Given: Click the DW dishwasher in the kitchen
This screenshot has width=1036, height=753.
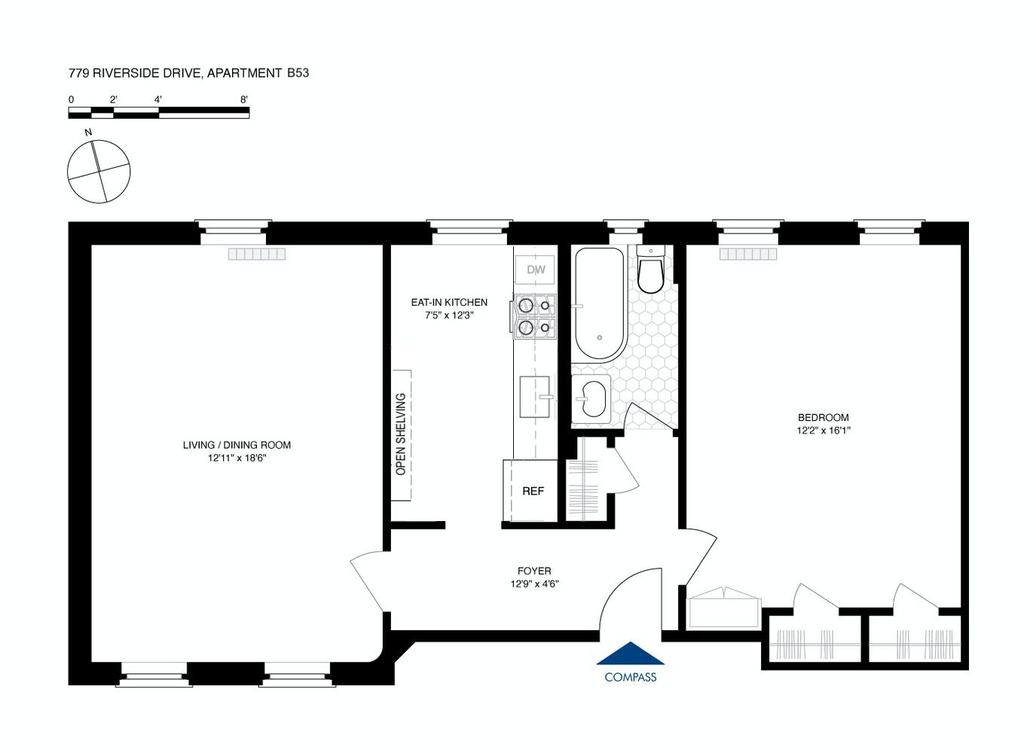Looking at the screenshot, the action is (536, 269).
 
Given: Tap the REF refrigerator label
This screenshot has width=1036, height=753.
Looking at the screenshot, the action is (533, 491).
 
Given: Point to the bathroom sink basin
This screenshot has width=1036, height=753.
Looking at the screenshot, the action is (592, 400).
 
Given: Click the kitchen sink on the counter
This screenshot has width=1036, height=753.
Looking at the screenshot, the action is (535, 397).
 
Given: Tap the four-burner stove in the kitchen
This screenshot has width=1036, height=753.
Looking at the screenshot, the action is (534, 317).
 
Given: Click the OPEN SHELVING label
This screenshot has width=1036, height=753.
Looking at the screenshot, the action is (401, 434).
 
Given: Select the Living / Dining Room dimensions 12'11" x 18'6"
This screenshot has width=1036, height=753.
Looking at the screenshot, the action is (237, 458).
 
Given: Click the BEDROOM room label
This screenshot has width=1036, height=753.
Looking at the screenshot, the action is (824, 417).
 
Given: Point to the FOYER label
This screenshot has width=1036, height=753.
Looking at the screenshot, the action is (534, 571).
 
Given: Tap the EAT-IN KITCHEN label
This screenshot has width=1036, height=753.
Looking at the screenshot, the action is (449, 302).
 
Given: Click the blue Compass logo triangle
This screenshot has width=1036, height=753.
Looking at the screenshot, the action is (631, 653).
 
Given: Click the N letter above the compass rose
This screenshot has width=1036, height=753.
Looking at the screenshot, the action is (88, 133).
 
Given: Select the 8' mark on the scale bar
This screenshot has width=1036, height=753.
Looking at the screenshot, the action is (244, 99).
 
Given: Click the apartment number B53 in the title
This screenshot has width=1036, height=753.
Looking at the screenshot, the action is (298, 73).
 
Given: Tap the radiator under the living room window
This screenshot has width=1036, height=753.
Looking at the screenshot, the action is (257, 254).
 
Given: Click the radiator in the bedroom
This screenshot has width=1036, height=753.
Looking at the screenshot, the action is (748, 254).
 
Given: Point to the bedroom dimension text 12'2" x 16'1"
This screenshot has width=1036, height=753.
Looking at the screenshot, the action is (824, 431).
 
